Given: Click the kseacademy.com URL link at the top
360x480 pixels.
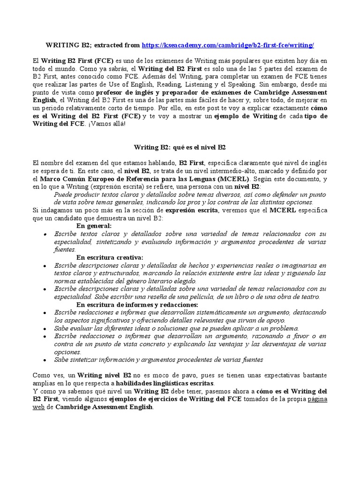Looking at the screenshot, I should coord(227,45).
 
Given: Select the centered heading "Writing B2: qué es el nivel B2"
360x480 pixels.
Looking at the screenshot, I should coord(180,147).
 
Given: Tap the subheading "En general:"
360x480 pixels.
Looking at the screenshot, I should coord(94,225).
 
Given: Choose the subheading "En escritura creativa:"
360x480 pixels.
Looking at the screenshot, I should coord(110,257).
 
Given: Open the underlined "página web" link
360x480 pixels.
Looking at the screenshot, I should coord(317,403).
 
